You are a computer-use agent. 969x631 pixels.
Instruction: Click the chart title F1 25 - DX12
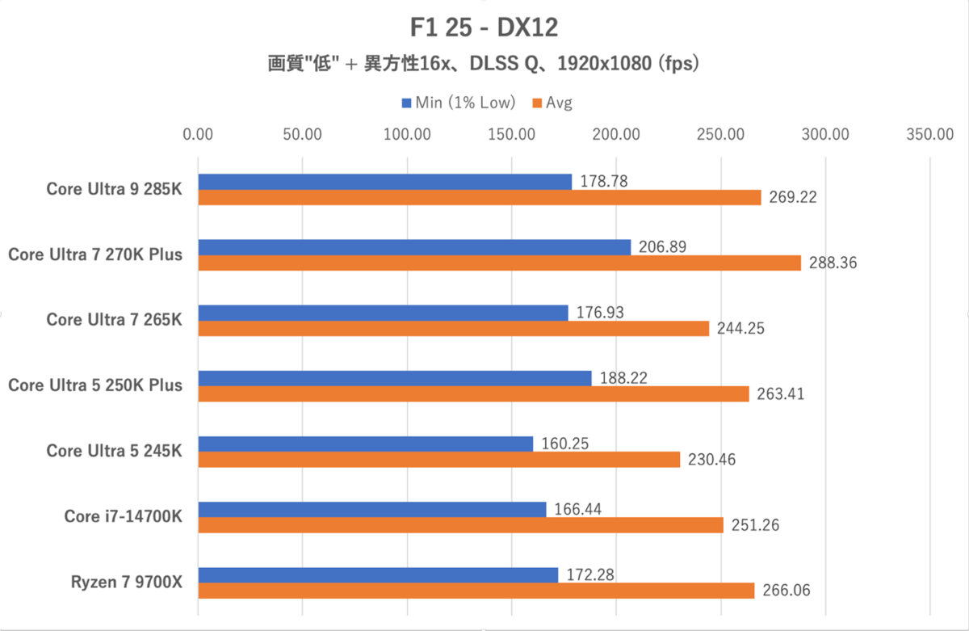[x=484, y=27]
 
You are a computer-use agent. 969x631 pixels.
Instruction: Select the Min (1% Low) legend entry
[x=458, y=103]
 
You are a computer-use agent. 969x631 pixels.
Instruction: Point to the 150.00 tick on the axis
[x=511, y=134]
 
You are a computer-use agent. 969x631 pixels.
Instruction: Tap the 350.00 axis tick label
[x=930, y=134]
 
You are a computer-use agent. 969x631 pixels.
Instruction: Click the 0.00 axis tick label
[x=198, y=134]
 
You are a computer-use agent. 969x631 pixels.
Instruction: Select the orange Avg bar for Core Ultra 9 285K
[x=479, y=197]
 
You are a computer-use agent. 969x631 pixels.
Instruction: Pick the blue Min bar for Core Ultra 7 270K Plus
[x=414, y=247]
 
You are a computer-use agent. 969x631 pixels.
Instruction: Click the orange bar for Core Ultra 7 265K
[x=453, y=328]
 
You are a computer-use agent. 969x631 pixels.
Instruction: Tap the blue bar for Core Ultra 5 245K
[x=365, y=444]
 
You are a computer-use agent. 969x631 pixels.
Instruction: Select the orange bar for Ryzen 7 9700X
[x=476, y=591]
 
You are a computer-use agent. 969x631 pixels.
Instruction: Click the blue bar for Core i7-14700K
[x=371, y=509]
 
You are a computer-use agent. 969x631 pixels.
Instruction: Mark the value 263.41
[x=780, y=394]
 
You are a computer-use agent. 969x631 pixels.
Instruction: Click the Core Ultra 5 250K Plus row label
[x=95, y=385]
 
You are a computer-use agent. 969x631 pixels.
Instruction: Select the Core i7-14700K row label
[x=124, y=516]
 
